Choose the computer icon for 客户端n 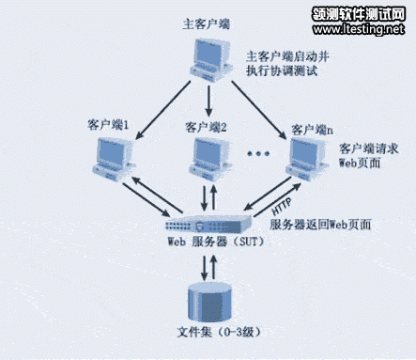(310, 155)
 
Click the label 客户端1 (112, 124)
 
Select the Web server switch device (208, 225)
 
